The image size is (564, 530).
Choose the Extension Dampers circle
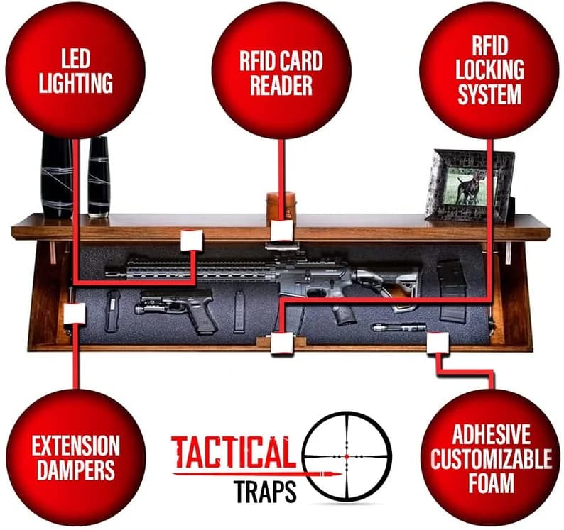point(75,458)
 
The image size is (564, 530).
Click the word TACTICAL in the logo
point(234,452)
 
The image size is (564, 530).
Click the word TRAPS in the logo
point(265,492)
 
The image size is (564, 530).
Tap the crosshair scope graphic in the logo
point(347,456)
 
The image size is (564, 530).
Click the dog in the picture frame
point(469,187)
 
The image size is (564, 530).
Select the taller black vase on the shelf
point(58,176)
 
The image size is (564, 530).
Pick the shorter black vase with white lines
point(99,177)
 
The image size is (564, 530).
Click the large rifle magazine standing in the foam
point(452,291)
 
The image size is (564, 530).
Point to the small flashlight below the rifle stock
point(398,327)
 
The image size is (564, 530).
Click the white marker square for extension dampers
point(75,314)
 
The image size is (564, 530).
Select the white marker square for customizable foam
point(438,343)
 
